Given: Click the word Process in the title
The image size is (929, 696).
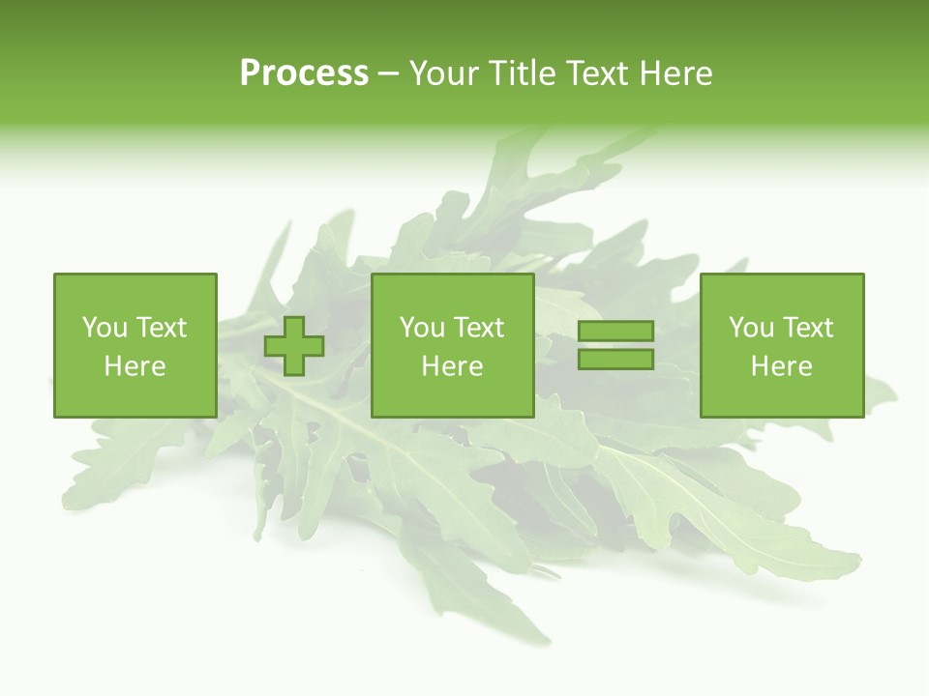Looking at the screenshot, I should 304,73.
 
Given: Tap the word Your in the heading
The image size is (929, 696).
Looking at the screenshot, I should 445,73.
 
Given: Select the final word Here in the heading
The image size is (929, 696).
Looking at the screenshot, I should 675,73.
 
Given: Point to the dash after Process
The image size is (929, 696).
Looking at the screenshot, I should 389,74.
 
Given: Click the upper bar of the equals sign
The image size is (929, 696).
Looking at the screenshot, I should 615,332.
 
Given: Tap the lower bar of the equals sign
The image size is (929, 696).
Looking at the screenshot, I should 615,359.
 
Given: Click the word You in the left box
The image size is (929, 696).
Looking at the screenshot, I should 104,328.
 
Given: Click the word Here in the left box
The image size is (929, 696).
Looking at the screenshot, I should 135,366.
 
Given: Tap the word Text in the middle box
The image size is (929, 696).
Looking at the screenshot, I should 479,328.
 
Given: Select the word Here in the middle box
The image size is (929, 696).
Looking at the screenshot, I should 452,366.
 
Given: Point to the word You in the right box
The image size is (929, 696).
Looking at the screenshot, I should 750,328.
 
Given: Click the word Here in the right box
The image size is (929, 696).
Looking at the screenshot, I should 781,366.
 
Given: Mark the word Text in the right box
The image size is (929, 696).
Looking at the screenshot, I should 808,328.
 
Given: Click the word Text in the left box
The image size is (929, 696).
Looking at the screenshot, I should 162,328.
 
